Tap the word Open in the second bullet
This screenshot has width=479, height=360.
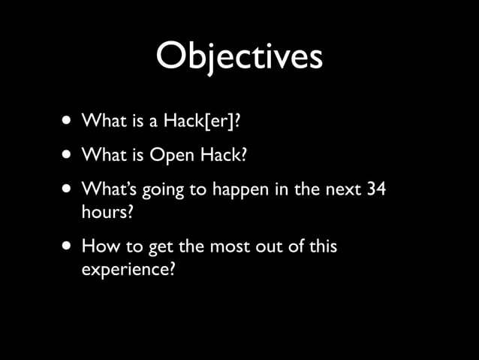tap(172, 155)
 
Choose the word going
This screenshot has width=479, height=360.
tap(160, 191)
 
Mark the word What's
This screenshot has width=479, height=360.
tap(107, 189)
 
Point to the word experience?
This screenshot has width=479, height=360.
tap(128, 268)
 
